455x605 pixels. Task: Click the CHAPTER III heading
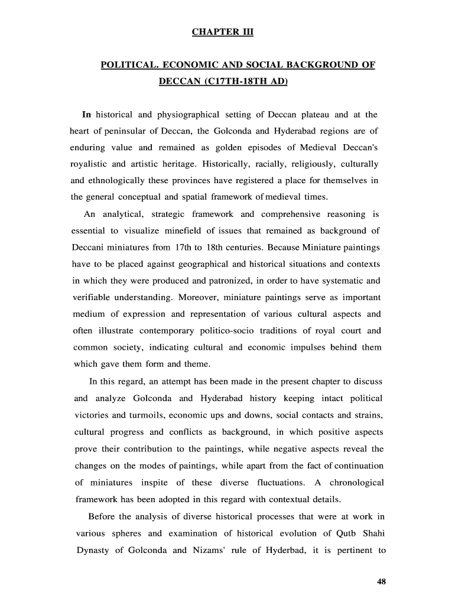tap(222, 31)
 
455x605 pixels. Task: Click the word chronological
tap(356, 483)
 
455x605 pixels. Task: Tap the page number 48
tap(381, 582)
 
